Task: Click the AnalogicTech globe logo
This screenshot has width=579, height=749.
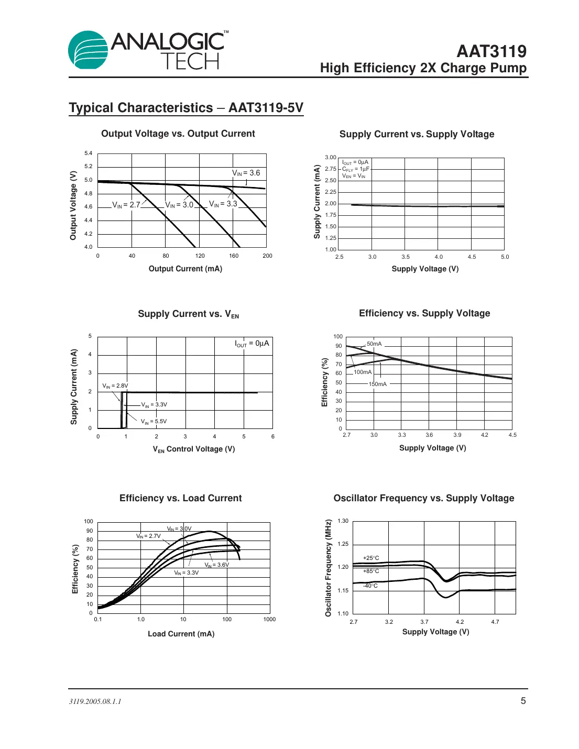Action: pyautogui.click(x=89, y=50)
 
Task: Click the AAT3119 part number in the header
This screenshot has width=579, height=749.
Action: pyautogui.click(x=491, y=51)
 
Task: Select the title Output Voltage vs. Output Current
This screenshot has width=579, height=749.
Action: pyautogui.click(x=178, y=134)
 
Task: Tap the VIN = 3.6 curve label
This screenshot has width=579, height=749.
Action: pyautogui.click(x=246, y=173)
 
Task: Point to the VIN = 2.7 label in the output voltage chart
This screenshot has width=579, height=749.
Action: pyautogui.click(x=126, y=205)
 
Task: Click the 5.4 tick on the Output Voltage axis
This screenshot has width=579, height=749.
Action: pyautogui.click(x=88, y=153)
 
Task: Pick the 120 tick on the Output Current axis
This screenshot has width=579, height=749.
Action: pyautogui.click(x=200, y=256)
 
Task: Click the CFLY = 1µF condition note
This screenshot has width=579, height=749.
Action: pyautogui.click(x=355, y=169)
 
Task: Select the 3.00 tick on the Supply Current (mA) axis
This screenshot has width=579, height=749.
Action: pyautogui.click(x=330, y=158)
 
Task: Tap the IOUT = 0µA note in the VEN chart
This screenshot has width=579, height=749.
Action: pyautogui.click(x=252, y=344)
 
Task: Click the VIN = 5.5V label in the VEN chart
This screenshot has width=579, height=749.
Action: pyautogui.click(x=154, y=422)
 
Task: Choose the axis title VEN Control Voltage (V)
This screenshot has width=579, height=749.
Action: pyautogui.click(x=193, y=449)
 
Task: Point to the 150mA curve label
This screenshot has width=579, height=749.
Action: pyautogui.click(x=377, y=384)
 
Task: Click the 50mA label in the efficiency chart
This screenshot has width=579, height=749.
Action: pyautogui.click(x=374, y=344)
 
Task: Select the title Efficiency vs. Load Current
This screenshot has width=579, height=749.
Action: pyautogui.click(x=180, y=498)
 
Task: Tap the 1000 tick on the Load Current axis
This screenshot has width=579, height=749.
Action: pyautogui.click(x=269, y=620)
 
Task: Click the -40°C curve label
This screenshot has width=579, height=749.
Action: pyautogui.click(x=370, y=586)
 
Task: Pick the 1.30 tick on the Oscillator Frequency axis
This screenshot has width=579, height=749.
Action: pyautogui.click(x=343, y=521)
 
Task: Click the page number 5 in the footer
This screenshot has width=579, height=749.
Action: pyautogui.click(x=522, y=701)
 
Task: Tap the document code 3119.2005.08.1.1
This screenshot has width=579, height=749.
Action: pyautogui.click(x=95, y=701)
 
